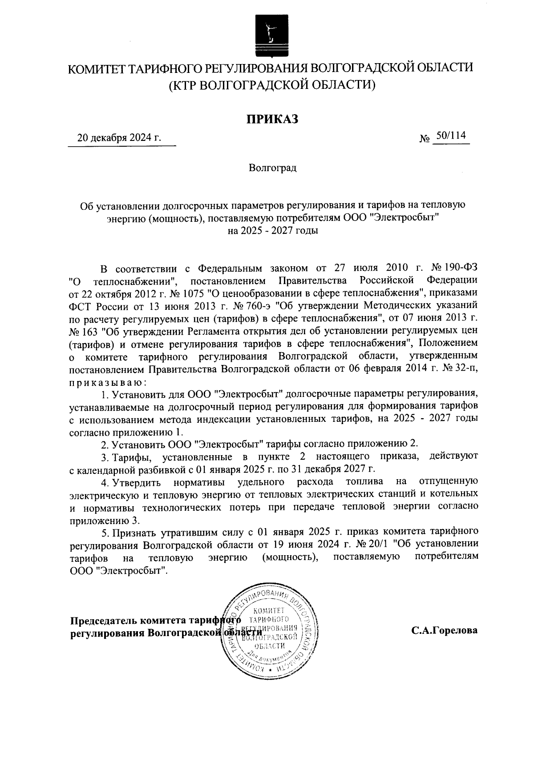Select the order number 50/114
[x=451, y=136]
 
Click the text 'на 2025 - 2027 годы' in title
[x=272, y=231]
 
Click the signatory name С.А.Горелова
[x=445, y=630]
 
